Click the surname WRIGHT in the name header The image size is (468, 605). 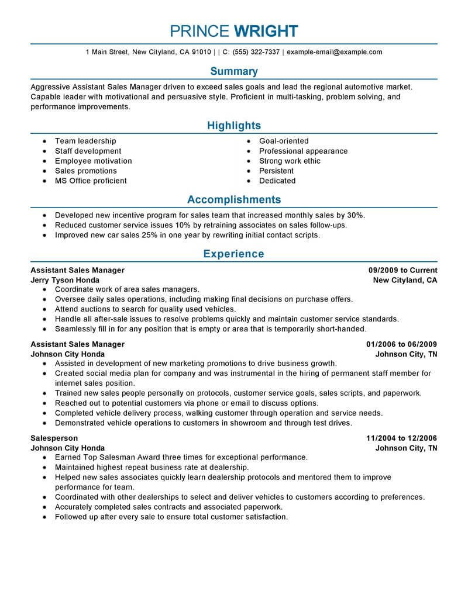pos(266,31)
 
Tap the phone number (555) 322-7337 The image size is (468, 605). pos(256,52)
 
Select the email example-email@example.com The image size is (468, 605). pos(335,52)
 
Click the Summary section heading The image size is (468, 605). pos(233,71)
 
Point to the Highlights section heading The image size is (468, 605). pos(233,126)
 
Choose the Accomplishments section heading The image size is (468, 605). pos(233,199)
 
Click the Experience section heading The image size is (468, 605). pos(233,254)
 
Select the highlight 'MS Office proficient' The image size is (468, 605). pos(91,181)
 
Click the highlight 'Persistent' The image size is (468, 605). pos(277,171)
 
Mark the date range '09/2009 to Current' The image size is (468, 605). pos(402,270)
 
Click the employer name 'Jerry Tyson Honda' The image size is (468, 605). pos(64,280)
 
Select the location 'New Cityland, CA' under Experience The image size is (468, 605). pos(405,280)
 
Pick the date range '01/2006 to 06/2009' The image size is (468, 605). pos(401,344)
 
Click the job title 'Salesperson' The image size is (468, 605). pos(54,438)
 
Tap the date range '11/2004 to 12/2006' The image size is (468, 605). pos(401,438)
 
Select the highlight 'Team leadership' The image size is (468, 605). pos(85,141)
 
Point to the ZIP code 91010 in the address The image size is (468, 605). pos(201,52)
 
